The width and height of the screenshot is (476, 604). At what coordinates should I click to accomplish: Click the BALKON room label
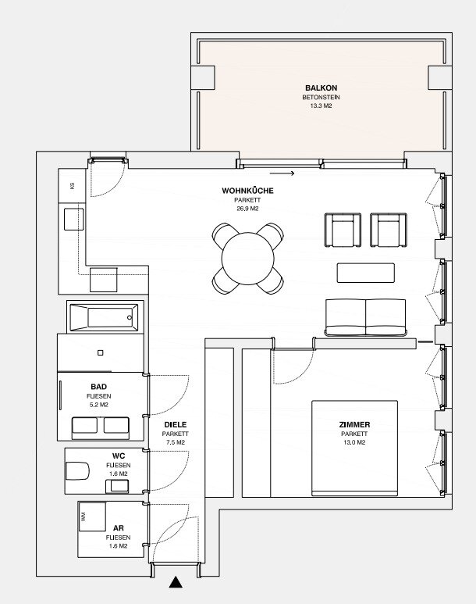[321, 88]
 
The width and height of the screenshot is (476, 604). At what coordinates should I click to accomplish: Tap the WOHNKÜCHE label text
[247, 191]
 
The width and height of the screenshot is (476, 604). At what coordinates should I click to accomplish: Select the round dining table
[248, 259]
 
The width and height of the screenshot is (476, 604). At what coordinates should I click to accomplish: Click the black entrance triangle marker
[176, 582]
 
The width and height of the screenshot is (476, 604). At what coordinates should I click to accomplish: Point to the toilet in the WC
[77, 470]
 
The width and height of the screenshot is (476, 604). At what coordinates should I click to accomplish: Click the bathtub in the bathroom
[104, 317]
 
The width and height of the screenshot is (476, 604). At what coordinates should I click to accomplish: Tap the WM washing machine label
[83, 516]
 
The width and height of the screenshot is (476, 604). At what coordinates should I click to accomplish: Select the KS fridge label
[72, 186]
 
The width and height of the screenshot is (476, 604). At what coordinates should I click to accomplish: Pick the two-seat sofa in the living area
[365, 317]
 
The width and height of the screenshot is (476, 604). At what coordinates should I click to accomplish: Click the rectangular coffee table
[365, 273]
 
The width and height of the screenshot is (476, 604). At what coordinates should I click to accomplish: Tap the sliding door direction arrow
[282, 173]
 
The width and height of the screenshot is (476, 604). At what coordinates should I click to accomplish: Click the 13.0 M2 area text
[354, 442]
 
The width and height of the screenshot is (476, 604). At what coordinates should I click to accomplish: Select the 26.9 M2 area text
[247, 209]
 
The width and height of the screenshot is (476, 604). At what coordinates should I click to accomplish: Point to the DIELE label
[176, 424]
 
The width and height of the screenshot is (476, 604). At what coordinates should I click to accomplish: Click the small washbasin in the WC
[117, 487]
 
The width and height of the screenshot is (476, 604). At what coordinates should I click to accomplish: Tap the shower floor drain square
[101, 352]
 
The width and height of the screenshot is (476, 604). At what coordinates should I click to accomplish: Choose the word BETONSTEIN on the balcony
[321, 97]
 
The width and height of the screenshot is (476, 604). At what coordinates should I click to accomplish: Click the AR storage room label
[119, 528]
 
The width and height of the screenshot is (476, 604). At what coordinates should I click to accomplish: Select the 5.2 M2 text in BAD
[99, 405]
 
